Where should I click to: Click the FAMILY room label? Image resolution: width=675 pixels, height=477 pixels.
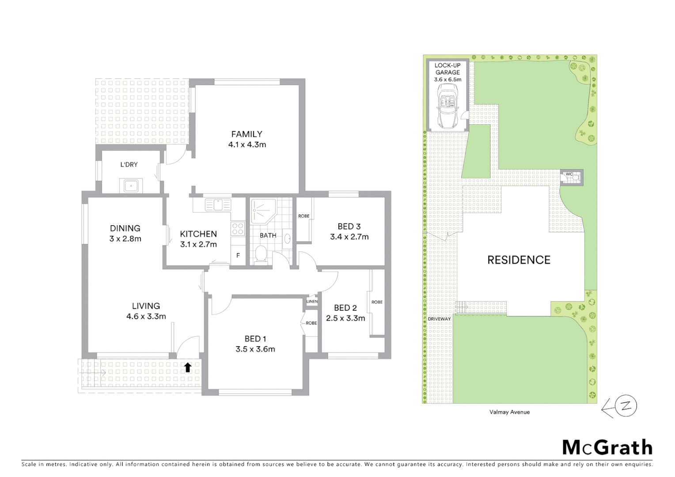coord(246,134)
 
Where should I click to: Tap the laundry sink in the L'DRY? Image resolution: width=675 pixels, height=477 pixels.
coord(131,185)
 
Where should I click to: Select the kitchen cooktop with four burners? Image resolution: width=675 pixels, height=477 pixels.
coord(238,228)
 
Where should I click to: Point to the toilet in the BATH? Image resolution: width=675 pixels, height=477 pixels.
coord(261,254)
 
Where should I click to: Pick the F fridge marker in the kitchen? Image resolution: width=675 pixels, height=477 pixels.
coord(238,255)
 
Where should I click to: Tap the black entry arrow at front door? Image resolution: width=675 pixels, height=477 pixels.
coord(188,367)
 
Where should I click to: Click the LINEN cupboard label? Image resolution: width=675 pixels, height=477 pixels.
coord(312,301)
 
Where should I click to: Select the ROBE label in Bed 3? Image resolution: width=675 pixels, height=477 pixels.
coord(304,216)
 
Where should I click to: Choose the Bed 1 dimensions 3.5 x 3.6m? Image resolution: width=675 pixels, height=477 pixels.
coord(255,349)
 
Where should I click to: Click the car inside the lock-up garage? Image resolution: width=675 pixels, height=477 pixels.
coord(447,106)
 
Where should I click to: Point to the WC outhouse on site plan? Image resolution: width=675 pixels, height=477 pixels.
coord(571,177)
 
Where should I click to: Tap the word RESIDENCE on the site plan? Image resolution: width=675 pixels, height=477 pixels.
coord(519,260)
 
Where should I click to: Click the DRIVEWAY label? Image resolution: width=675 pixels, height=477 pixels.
coord(439,318)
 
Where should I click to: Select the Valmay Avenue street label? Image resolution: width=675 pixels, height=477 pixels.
coord(509,412)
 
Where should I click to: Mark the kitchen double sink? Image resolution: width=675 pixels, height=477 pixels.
coord(217,204)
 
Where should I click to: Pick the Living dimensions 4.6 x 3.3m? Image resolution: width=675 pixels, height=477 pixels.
coord(146,316)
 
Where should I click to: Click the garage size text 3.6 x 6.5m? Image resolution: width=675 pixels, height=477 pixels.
coord(447,79)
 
